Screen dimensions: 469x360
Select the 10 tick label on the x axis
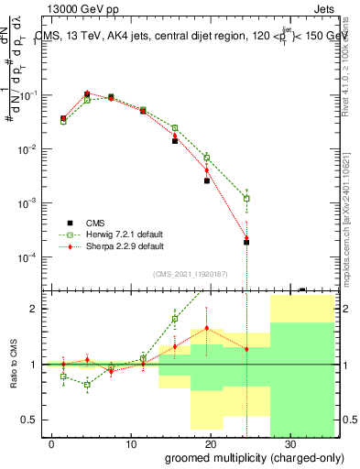pos(131,442)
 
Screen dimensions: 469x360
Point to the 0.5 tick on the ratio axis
pos(31,420)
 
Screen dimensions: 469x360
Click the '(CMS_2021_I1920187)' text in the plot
pos(191,274)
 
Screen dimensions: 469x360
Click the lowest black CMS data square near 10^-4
pos(246,243)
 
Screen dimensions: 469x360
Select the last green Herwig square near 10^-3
pos(246,198)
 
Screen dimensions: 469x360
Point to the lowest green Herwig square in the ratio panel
pos(87,385)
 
